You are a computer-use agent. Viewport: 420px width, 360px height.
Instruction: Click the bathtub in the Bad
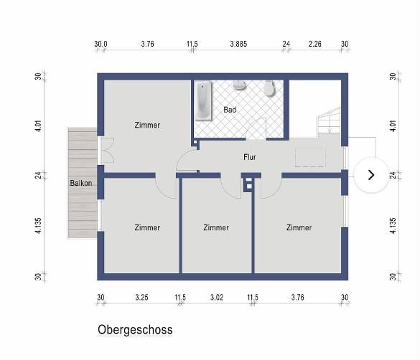[202, 101]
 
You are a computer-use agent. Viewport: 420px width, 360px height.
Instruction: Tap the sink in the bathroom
[240, 85]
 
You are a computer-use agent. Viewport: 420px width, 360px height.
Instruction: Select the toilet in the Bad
[269, 88]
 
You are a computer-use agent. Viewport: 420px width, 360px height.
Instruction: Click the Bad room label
[230, 110]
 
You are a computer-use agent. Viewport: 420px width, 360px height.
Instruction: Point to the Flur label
[250, 157]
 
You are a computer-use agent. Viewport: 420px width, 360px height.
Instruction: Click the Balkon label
[81, 183]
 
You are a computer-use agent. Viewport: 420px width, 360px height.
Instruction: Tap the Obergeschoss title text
[135, 330]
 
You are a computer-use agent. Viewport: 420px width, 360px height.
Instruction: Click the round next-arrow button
[371, 175]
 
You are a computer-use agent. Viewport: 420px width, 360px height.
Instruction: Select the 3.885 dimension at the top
[238, 44]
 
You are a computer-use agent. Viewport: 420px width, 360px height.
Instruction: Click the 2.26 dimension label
[314, 44]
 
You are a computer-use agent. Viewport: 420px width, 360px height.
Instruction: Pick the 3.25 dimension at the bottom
[141, 297]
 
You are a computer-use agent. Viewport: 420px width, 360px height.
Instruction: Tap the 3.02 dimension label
[217, 297]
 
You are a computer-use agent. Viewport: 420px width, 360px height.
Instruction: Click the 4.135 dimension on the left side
[38, 226]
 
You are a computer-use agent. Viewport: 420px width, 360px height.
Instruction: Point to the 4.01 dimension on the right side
[393, 125]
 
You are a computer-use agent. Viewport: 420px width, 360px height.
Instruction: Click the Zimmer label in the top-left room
[147, 125]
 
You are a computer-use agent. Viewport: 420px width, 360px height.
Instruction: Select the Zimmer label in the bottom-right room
[299, 227]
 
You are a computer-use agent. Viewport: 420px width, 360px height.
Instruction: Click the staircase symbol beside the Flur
[329, 121]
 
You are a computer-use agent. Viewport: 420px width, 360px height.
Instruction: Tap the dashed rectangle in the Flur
[310, 158]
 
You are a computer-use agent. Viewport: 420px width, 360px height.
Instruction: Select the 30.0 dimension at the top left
[101, 44]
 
